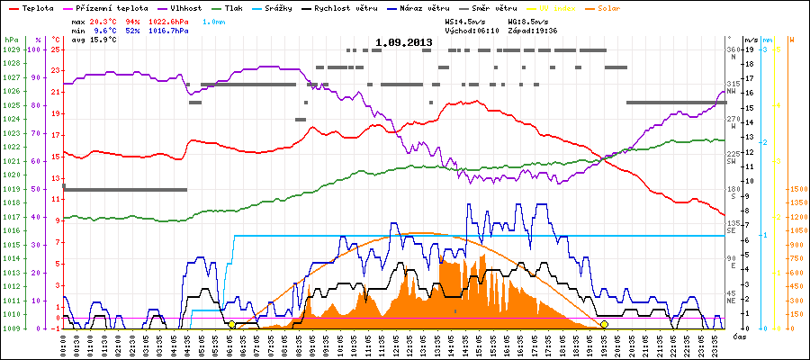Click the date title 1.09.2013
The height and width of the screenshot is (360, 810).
(404, 42)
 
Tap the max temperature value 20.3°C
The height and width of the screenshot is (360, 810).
(103, 20)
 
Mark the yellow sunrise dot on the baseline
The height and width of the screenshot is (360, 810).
(231, 324)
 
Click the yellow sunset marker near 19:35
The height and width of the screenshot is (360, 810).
(604, 324)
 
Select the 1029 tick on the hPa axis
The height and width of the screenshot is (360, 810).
(11, 49)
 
